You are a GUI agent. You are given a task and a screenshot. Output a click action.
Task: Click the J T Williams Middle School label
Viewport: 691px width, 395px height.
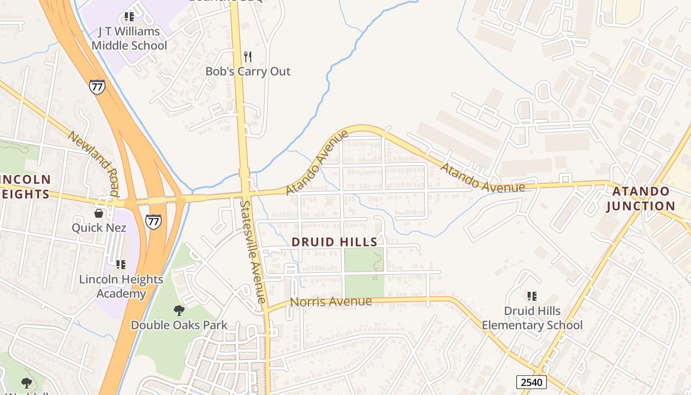pos(129,39)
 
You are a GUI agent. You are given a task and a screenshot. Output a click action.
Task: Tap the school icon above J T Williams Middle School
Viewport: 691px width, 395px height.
pos(129,17)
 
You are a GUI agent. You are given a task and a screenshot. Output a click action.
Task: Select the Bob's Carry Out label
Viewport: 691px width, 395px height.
pos(248,71)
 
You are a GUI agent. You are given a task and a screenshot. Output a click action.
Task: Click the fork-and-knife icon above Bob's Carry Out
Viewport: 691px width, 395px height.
pos(248,57)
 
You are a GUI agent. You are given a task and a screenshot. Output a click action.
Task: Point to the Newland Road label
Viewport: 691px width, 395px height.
pos(93,163)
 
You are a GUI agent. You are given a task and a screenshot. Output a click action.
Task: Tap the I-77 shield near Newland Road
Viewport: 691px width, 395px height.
pos(97,87)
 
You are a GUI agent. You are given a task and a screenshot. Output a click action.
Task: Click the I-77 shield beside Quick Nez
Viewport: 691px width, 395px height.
pos(153,221)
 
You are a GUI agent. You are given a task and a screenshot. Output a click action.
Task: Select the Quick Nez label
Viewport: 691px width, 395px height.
pos(99,228)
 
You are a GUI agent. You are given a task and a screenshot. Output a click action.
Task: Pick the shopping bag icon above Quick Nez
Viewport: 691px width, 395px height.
pos(99,213)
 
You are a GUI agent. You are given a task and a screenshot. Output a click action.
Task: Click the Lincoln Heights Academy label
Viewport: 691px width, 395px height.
pos(121,286)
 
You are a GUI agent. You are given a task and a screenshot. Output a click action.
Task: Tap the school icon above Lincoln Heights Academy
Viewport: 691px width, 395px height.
pos(121,265)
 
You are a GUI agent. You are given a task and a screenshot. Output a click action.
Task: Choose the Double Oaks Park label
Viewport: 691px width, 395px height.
pos(179,325)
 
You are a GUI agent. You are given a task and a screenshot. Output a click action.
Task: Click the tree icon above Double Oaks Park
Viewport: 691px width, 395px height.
pos(179,311)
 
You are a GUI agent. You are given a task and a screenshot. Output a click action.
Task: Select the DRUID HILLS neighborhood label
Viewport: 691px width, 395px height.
pos(335,242)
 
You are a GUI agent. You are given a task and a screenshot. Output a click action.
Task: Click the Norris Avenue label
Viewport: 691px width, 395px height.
pos(331,301)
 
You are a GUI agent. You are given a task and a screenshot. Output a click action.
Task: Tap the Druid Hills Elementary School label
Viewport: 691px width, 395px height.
pos(532,318)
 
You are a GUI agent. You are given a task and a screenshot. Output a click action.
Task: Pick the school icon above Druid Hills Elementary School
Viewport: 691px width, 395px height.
pos(532,296)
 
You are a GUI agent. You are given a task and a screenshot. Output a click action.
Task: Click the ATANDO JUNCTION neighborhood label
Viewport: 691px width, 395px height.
pos(641,198)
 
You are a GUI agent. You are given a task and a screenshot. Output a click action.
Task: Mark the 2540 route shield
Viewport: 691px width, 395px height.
pos(532,382)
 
